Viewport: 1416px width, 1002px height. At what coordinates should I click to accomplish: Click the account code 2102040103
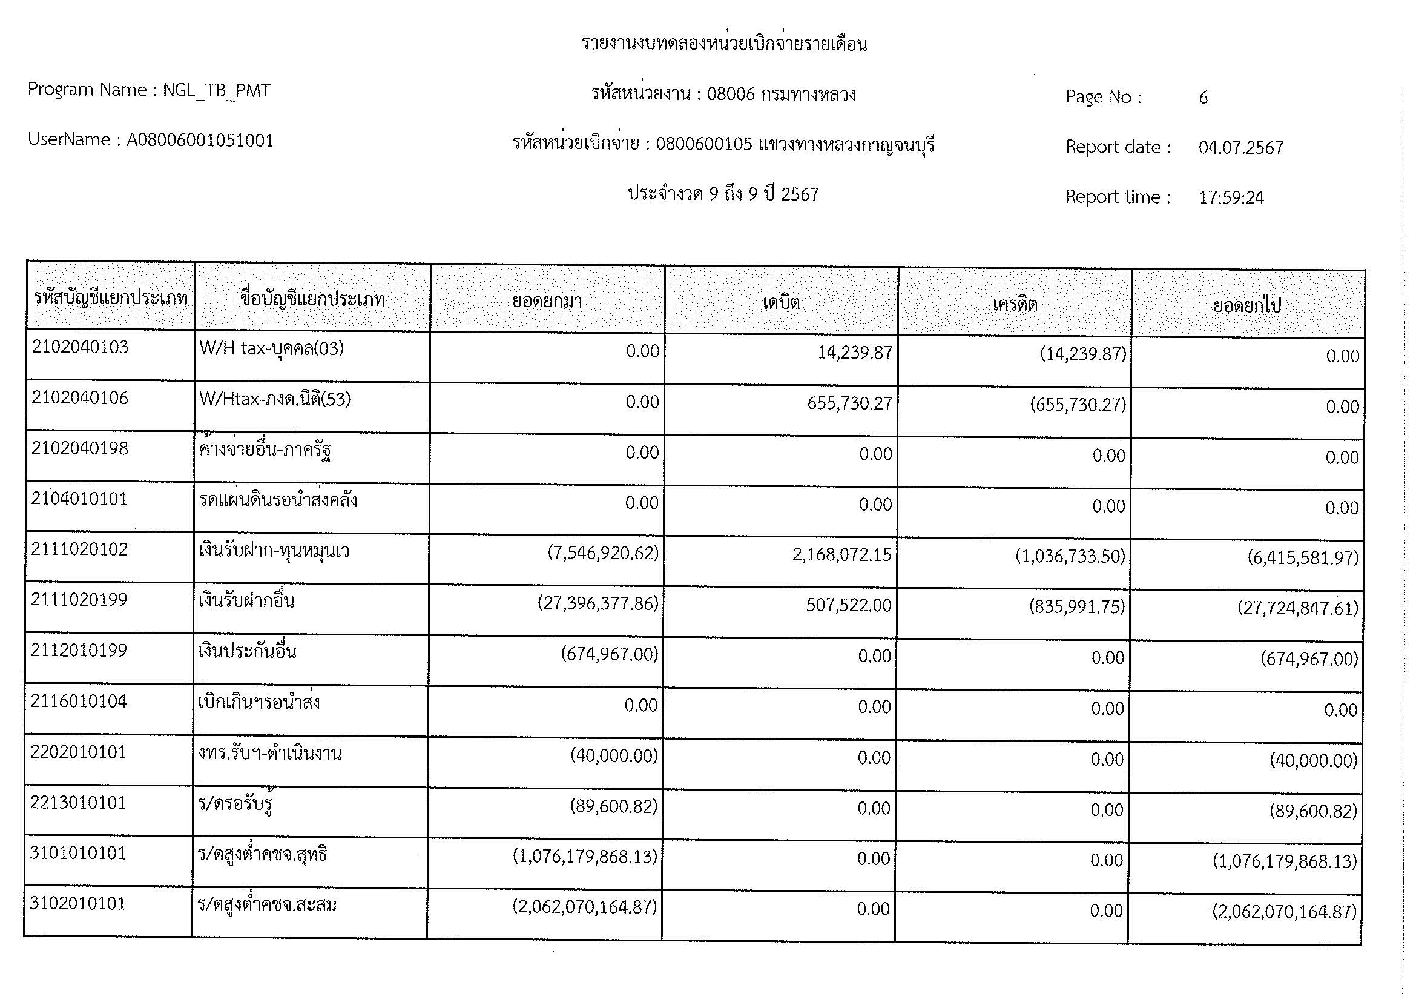(80, 347)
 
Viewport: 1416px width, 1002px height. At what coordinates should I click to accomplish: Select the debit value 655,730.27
(849, 403)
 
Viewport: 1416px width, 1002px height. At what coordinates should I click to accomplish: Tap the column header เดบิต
(782, 302)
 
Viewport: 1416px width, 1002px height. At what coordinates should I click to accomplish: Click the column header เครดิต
(1015, 304)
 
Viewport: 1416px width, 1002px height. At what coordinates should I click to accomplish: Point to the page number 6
(1203, 98)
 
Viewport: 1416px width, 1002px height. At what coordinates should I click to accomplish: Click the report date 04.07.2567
(1241, 147)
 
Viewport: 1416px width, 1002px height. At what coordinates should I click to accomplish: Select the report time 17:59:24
(1231, 197)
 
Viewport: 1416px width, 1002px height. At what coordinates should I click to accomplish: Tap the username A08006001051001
(200, 141)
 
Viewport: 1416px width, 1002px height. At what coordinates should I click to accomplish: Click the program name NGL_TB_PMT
(217, 91)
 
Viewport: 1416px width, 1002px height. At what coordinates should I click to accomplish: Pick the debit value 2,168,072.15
(842, 555)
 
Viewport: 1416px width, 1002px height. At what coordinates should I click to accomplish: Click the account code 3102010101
(77, 903)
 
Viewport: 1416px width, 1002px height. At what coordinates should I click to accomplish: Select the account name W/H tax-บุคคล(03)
(271, 348)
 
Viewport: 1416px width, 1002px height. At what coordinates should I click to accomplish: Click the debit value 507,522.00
(849, 605)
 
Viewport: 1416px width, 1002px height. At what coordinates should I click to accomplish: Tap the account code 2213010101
(77, 802)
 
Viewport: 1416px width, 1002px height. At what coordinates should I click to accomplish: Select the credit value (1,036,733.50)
(1070, 557)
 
